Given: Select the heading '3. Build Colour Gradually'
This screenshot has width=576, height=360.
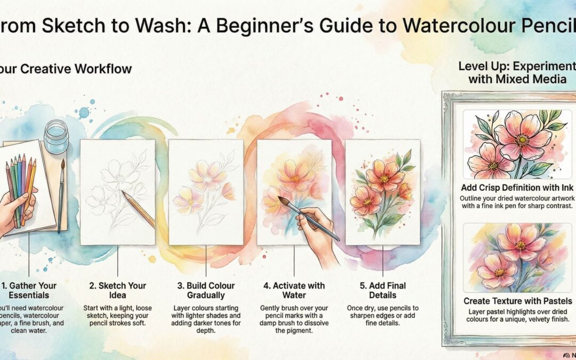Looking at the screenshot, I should tap(205, 291).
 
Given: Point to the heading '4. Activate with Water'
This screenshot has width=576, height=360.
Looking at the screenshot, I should tap(294, 291).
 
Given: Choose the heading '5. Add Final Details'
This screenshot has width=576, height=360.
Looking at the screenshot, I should tap(382, 291).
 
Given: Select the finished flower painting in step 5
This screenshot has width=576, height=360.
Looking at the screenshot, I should tap(382, 192).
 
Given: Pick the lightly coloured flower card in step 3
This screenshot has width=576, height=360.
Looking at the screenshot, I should tap(205, 192).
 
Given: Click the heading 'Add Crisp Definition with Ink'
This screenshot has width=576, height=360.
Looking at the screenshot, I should tap(517, 188).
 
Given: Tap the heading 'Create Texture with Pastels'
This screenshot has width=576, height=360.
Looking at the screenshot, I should tap(517, 301).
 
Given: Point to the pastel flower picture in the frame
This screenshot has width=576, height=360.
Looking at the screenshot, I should tap(517, 258).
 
